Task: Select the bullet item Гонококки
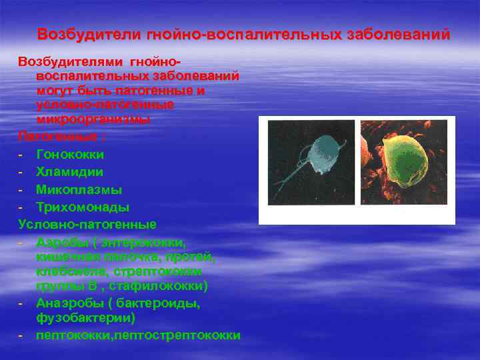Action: [70, 155]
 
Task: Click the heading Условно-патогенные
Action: [87, 224]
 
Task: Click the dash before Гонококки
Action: [21, 155]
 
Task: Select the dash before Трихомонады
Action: [21, 207]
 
